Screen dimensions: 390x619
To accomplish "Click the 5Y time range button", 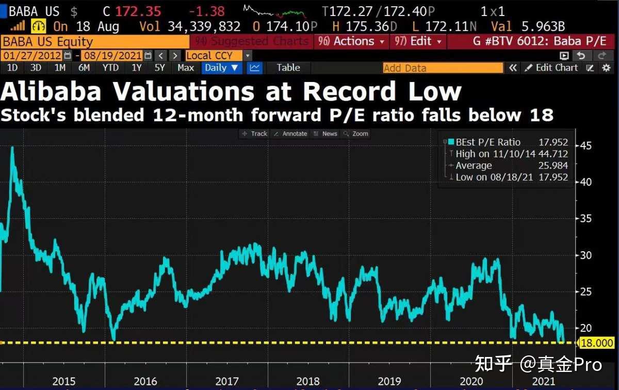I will point(160,68).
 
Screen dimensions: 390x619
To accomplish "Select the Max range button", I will point(186,68).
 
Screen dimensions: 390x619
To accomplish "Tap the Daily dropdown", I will point(221,68).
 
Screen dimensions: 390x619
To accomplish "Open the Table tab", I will point(288,68).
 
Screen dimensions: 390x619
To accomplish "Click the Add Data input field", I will point(443,68).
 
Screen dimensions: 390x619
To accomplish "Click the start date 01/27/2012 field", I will point(32,55).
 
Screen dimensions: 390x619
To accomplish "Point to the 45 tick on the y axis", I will point(585,145).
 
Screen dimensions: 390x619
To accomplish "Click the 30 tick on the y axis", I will point(585,255).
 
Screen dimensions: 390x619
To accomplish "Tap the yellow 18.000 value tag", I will point(597,343).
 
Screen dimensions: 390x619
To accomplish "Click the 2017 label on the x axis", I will point(227,381).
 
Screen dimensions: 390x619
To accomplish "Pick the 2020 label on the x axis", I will point(471,381).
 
